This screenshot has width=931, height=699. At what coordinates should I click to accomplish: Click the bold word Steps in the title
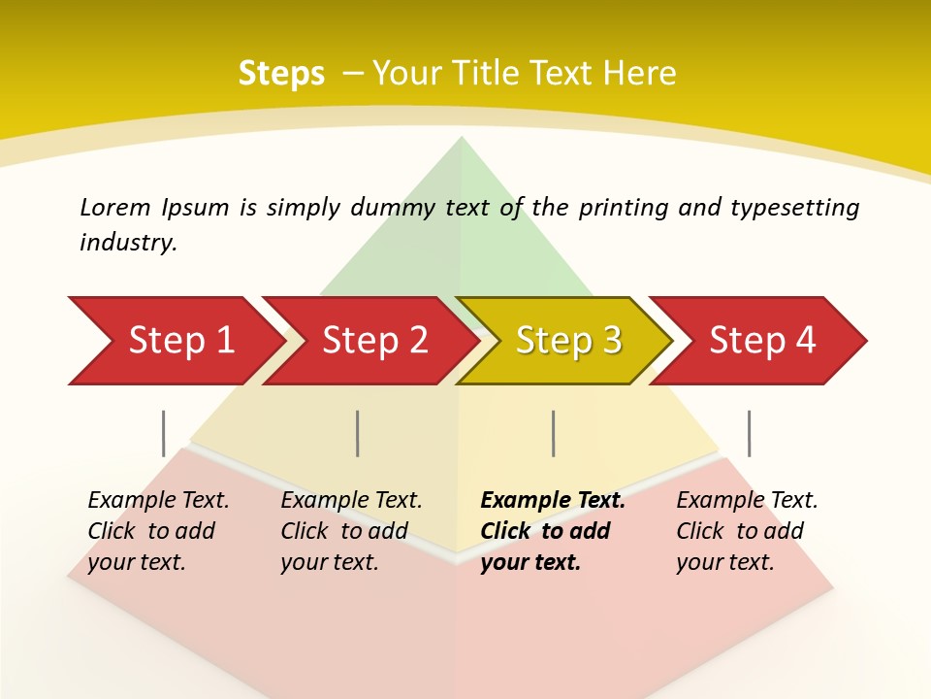[281, 74]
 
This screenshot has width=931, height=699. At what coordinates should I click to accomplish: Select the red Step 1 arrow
[175, 341]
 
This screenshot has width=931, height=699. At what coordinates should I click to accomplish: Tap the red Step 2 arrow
[369, 341]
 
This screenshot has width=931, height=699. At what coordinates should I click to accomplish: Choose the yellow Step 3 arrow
[562, 341]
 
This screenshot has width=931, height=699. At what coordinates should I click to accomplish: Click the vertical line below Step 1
[164, 433]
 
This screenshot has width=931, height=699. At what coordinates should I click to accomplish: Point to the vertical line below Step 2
[358, 433]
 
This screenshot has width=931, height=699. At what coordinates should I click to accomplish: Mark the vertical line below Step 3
[553, 433]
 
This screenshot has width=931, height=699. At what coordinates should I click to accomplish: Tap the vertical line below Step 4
[749, 433]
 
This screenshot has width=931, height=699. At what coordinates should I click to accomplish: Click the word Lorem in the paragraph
[115, 208]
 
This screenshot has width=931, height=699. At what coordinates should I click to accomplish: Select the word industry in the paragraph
[128, 243]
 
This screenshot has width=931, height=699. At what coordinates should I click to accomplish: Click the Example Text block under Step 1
[158, 530]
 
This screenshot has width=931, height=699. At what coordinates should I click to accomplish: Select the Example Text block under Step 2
[351, 530]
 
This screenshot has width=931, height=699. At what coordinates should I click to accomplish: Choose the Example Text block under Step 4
[747, 530]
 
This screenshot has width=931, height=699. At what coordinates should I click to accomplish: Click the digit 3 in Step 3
[611, 341]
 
